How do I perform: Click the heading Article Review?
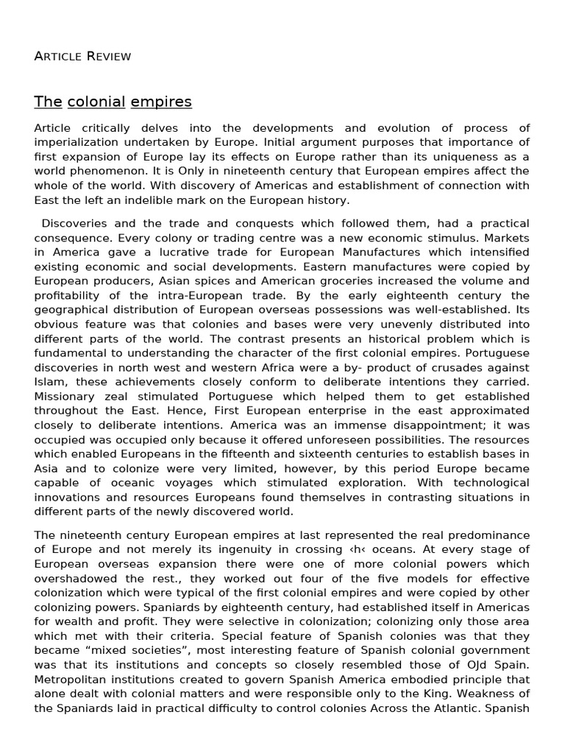point(82,57)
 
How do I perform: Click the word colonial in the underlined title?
point(96,102)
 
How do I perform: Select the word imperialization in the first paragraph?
point(75,142)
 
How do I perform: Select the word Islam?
point(50,382)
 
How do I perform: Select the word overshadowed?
point(78,578)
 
